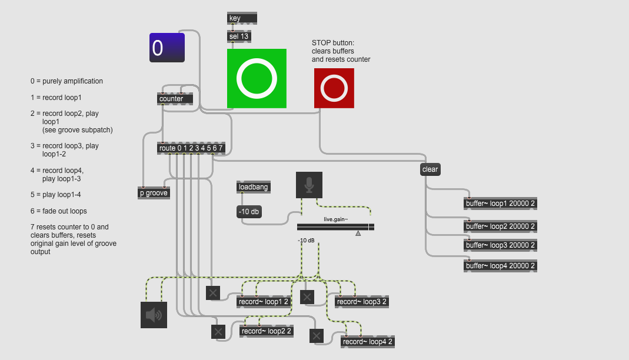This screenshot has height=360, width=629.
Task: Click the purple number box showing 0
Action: (167, 48)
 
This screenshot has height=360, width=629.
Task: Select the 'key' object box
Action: (242, 18)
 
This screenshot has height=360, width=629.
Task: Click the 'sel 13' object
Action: (239, 36)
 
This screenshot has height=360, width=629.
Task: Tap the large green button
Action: (257, 79)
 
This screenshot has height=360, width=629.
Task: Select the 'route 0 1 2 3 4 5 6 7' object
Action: (191, 148)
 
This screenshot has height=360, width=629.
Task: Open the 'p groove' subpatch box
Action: (153, 193)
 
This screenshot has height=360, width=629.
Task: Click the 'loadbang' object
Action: (254, 187)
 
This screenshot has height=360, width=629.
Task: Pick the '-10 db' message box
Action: (249, 212)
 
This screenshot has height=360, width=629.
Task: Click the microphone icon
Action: (309, 185)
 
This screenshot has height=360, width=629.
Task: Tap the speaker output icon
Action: (154, 315)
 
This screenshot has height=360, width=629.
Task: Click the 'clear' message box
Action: (430, 169)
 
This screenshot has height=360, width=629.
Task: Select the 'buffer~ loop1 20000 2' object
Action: (501, 204)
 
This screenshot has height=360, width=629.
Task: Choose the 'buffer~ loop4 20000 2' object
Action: (501, 265)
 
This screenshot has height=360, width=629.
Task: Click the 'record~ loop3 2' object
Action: (362, 302)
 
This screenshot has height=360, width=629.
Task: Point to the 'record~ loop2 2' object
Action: (267, 331)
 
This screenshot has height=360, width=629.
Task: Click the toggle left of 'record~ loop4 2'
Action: (317, 336)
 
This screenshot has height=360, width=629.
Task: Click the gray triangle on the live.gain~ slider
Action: (358, 234)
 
